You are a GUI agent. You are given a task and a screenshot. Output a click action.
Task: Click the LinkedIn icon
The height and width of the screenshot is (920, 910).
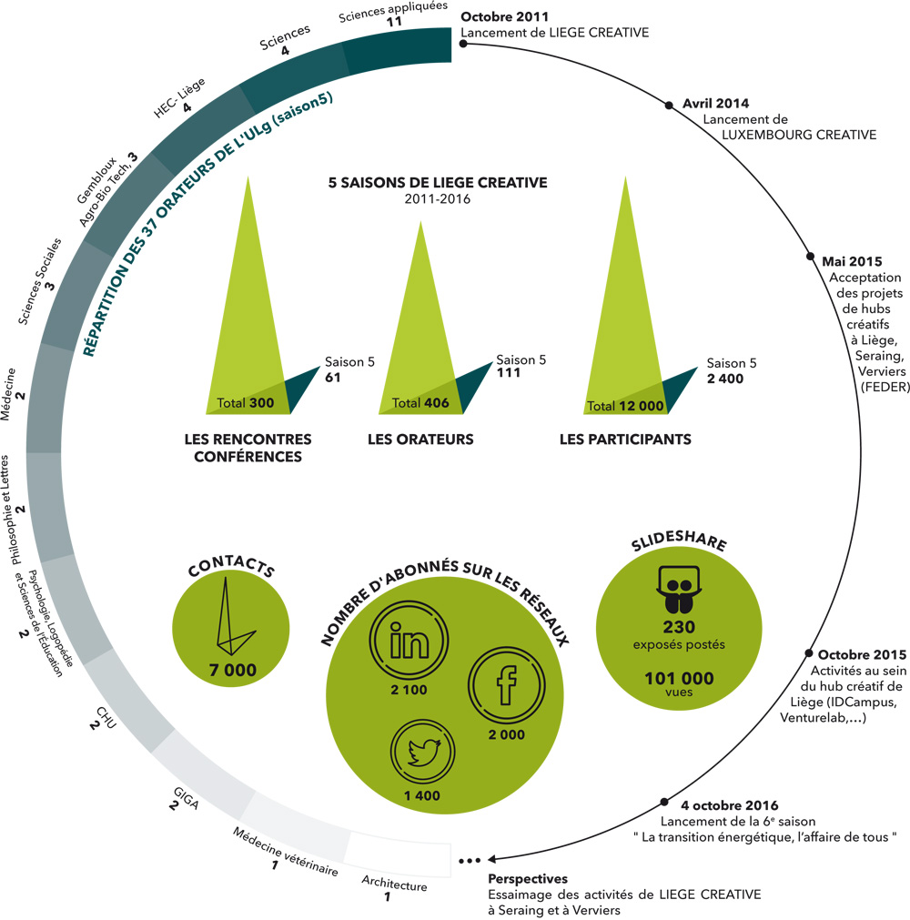(x=409, y=643)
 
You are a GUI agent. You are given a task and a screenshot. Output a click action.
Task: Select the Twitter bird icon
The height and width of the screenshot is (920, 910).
(x=423, y=752)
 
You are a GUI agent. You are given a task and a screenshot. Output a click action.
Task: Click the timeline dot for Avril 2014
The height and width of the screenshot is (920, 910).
(x=672, y=105)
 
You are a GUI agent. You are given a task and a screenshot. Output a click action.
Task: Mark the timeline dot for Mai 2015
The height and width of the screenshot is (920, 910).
(x=812, y=258)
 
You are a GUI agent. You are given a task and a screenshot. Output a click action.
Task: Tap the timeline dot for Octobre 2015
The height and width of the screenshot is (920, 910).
(x=808, y=653)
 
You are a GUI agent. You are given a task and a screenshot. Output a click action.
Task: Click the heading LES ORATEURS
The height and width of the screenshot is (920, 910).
(x=420, y=440)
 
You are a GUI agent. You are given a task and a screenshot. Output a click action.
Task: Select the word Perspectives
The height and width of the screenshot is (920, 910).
(x=528, y=879)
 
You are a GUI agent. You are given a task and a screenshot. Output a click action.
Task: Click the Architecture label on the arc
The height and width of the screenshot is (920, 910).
(x=393, y=883)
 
